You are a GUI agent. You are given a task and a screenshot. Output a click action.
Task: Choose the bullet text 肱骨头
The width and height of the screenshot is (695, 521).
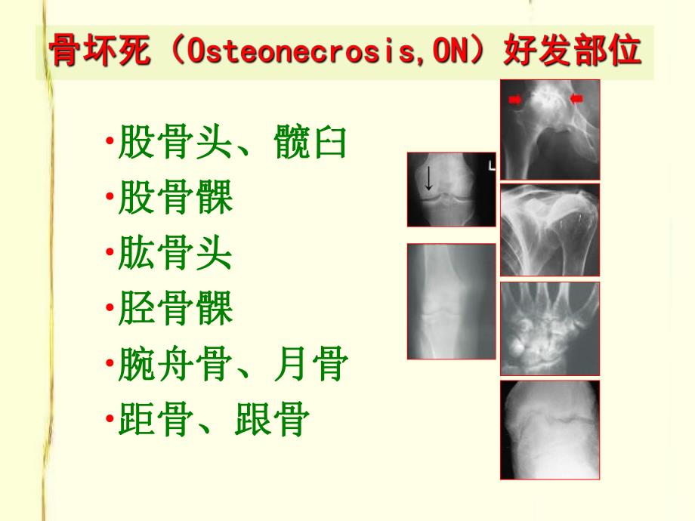click(x=175, y=254)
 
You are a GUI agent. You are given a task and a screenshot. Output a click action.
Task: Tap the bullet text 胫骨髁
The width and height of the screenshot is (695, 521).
click(x=175, y=310)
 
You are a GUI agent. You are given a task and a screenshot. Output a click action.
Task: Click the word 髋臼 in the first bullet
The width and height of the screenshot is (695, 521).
click(x=310, y=143)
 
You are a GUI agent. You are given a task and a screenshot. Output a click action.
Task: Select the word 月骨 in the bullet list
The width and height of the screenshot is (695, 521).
click(x=310, y=365)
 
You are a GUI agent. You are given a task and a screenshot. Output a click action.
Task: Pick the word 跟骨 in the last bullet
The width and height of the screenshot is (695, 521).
click(x=272, y=421)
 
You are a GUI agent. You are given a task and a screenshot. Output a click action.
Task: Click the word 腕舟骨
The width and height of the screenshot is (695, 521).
click(x=175, y=365)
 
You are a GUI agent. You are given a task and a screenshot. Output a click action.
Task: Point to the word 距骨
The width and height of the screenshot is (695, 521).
click(x=156, y=421)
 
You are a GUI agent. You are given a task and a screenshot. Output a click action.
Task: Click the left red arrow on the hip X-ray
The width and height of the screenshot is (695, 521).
click(x=516, y=98)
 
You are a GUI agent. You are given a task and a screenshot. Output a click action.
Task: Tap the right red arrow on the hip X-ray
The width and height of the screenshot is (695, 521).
click(x=577, y=97)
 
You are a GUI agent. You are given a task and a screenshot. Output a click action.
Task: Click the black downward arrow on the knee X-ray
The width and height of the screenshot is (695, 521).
click(x=428, y=179)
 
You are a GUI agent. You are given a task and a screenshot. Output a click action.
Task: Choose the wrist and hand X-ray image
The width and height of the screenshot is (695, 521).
click(x=549, y=328)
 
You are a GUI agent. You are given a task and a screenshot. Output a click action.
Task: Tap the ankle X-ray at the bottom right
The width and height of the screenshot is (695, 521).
click(x=549, y=430)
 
